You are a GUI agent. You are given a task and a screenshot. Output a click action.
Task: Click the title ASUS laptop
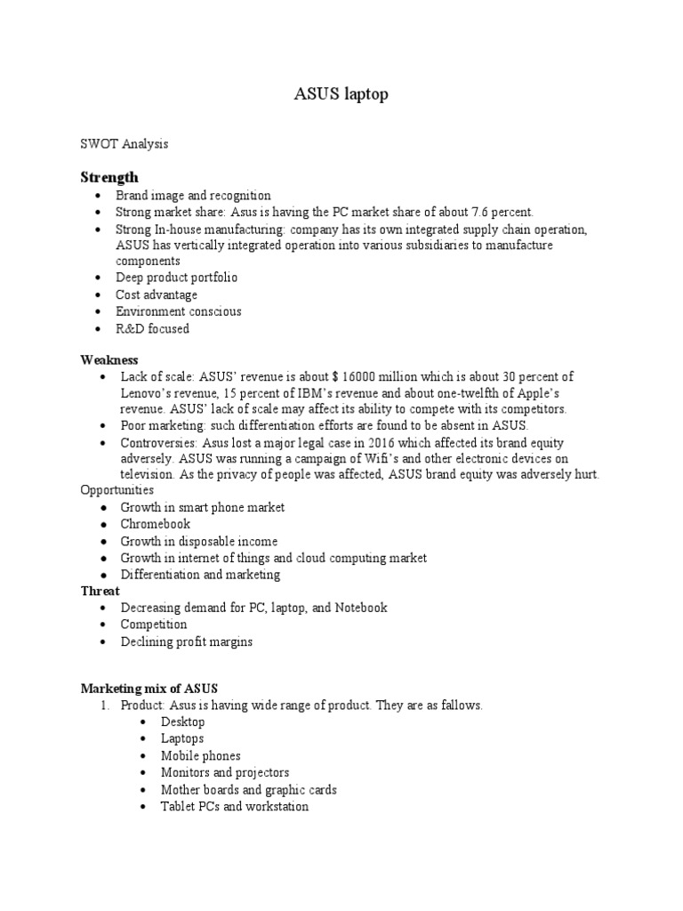tap(341, 94)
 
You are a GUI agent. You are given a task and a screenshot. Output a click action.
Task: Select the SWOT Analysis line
tap(125, 143)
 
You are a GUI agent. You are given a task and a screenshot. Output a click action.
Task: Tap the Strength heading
tap(109, 177)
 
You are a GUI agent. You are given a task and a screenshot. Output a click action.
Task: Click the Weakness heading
tap(109, 359)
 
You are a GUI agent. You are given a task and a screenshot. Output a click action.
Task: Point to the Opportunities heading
tap(117, 490)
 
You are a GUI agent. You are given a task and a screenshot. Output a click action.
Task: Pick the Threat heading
tap(100, 591)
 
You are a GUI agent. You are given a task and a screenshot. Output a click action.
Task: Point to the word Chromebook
tap(156, 524)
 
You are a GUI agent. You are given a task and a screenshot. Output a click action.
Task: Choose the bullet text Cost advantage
tap(157, 294)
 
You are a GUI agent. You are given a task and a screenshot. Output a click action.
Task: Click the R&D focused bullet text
tap(152, 328)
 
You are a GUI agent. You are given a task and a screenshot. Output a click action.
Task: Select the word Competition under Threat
tap(154, 625)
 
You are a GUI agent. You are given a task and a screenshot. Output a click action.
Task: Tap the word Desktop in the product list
tap(182, 722)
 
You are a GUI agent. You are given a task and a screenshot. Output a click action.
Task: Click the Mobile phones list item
tap(200, 755)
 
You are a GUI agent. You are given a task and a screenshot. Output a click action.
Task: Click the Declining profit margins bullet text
tap(187, 641)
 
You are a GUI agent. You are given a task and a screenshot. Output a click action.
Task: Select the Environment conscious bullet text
tap(178, 311)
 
